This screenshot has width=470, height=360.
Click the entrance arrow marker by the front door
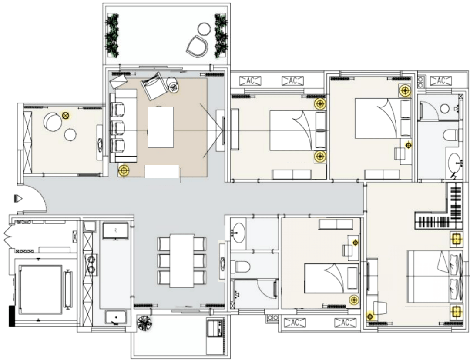tap(18, 198)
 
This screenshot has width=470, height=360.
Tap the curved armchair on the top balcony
tap(197, 46)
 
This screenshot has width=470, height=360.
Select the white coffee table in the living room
tap(161, 127)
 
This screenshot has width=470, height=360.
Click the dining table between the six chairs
tap(182, 261)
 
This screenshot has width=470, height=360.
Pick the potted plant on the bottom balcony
tap(145, 323)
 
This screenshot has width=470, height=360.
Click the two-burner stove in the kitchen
tap(91, 265)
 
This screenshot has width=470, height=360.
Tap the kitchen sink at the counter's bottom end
tap(116, 317)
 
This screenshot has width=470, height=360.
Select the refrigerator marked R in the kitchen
tap(115, 230)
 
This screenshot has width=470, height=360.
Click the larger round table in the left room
tap(53, 122)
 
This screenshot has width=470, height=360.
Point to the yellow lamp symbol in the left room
tap(65, 115)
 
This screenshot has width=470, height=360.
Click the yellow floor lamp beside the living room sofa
tap(123, 171)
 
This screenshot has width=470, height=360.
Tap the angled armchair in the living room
tap(154, 86)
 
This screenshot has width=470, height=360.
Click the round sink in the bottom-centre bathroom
tap(238, 233)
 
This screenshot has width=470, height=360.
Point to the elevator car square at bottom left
tap(40, 289)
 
